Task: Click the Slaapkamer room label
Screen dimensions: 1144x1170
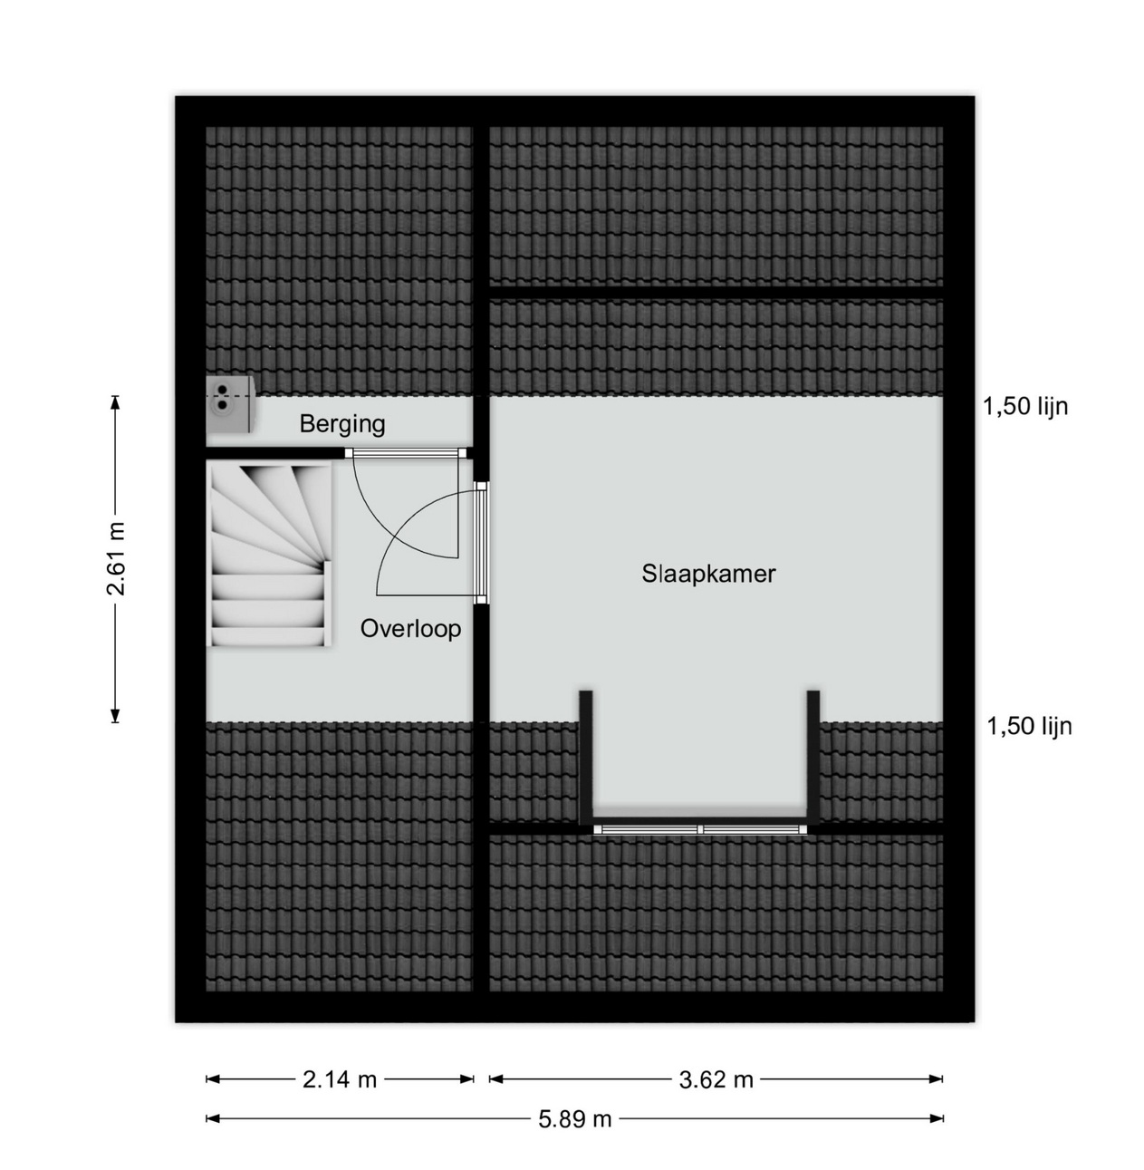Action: [708, 574]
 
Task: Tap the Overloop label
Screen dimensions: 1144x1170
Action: [410, 629]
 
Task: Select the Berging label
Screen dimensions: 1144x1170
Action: [341, 424]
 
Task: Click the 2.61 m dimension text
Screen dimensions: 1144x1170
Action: [115, 558]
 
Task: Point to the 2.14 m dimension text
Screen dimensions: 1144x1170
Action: [340, 1079]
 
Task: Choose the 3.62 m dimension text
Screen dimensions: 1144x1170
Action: [716, 1079]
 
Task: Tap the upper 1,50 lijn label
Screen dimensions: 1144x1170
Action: [1025, 406]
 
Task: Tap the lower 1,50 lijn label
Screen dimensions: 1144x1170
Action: [1029, 726]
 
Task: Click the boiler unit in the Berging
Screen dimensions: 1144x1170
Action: [229, 404]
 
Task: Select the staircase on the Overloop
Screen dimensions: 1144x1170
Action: [269, 554]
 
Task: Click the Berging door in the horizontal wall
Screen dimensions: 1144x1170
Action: [406, 453]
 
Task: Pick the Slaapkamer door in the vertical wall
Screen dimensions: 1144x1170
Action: [481, 542]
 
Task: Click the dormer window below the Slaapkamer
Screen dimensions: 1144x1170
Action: [700, 830]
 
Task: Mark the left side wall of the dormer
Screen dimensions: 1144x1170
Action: [586, 757]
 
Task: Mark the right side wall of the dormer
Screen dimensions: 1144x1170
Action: [812, 757]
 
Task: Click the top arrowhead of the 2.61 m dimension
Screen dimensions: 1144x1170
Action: [115, 402]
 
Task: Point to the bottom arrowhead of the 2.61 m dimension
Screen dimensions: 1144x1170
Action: [115, 715]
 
